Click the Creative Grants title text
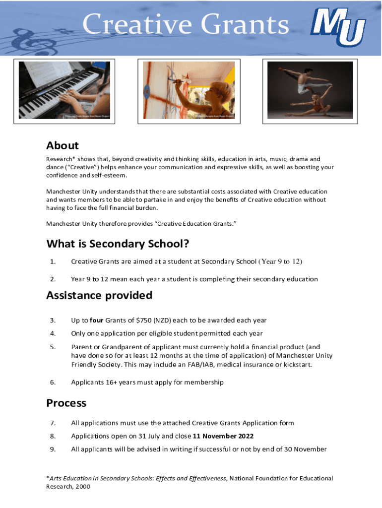[186, 25]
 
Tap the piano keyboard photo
[67, 90]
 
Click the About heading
[63, 145]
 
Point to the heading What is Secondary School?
[118, 244]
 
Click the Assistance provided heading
[99, 295]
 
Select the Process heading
[66, 403]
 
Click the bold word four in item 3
[96, 320]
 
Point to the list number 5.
[53, 347]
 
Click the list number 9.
[53, 449]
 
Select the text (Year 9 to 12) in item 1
[280, 261]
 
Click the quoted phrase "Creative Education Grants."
[196, 224]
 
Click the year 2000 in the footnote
[82, 487]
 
